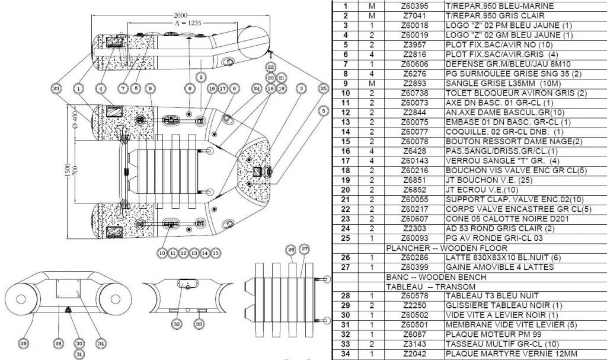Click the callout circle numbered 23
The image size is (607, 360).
click(x=57, y=88)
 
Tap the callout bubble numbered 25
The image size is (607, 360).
click(x=323, y=88)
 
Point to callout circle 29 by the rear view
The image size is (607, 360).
click(x=23, y=343)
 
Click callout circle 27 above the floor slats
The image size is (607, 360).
click(x=305, y=249)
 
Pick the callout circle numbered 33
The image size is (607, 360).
click(x=199, y=323)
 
